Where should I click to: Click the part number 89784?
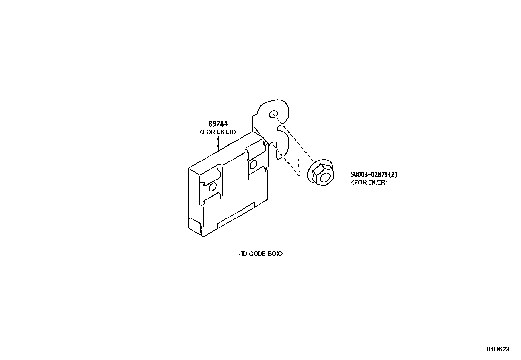[x=218, y=124]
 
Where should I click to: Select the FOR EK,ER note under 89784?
[x=218, y=132]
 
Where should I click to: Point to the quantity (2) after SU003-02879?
[x=394, y=175]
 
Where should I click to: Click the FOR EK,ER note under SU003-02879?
[x=369, y=182]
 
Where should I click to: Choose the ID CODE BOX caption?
[x=260, y=254]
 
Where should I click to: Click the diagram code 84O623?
[x=497, y=349]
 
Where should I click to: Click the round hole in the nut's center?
[x=325, y=177]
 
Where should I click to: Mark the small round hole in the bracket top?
[x=273, y=114]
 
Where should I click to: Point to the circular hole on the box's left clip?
[x=212, y=187]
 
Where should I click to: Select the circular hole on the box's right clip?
[x=253, y=163]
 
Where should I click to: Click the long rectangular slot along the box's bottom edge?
[x=236, y=215]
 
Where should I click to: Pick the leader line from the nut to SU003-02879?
[x=342, y=175]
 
